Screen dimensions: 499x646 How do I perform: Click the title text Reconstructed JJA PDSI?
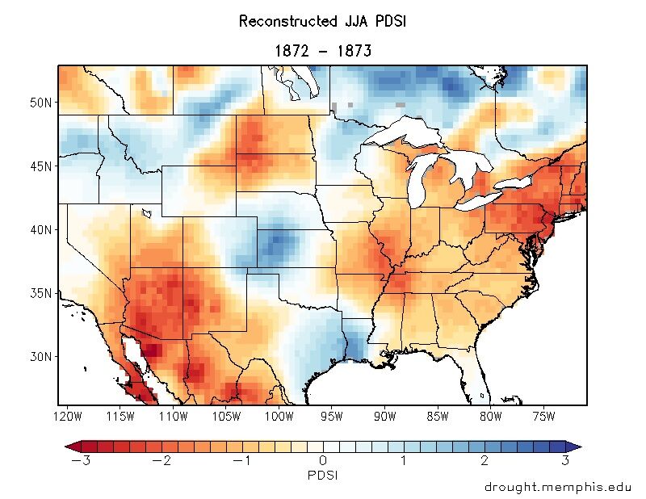click(x=322, y=22)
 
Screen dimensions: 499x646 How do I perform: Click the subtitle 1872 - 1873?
click(x=322, y=51)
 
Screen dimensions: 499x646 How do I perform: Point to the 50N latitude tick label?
click(x=40, y=103)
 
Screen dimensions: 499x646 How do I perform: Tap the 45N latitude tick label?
click(x=40, y=166)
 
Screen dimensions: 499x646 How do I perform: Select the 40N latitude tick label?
click(x=40, y=229)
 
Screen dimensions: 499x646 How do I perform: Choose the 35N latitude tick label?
click(x=40, y=292)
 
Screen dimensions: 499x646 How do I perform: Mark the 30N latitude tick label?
click(x=40, y=356)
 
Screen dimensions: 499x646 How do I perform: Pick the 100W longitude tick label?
click(x=279, y=417)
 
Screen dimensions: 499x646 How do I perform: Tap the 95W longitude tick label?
click(x=332, y=417)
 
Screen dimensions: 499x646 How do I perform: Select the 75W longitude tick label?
click(x=544, y=417)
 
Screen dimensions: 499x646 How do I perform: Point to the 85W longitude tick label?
click(x=438, y=417)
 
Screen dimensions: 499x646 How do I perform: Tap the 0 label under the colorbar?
click(x=323, y=461)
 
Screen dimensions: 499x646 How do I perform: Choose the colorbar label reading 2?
click(x=484, y=461)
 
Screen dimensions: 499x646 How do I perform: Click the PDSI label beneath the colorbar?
click(x=323, y=476)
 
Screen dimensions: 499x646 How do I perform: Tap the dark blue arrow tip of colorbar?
click(x=575, y=446)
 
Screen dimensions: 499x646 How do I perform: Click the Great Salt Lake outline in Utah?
click(x=147, y=213)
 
